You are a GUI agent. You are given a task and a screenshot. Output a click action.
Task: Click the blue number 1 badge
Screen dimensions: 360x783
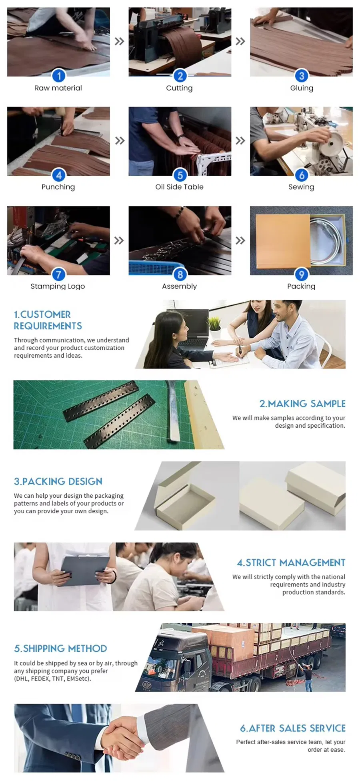(59, 76)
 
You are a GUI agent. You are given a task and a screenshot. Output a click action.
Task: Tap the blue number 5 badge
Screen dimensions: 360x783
(180, 175)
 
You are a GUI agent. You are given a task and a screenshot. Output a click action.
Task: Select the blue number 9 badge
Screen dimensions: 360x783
(302, 274)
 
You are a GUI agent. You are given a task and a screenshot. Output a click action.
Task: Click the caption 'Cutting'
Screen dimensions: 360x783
(179, 88)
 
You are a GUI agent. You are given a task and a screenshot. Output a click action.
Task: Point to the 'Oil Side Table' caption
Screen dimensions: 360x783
(179, 187)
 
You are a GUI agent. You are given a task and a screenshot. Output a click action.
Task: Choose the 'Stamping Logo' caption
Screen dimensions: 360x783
(58, 286)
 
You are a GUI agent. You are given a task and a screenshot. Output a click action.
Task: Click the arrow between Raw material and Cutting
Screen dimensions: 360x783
(119, 41)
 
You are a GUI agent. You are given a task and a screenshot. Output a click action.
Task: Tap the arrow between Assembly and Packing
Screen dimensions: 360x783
(240, 240)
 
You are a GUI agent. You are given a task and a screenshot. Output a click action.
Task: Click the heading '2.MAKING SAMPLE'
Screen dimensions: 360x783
(302, 404)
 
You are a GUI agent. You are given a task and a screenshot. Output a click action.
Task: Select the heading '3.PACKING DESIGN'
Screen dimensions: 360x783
(58, 481)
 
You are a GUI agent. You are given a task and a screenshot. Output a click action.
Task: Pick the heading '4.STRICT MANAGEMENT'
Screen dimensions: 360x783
(291, 563)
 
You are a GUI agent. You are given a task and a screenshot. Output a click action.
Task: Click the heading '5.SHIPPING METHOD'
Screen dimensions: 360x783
(60, 649)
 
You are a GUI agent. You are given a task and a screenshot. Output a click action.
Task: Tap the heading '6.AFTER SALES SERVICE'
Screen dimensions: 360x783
(293, 728)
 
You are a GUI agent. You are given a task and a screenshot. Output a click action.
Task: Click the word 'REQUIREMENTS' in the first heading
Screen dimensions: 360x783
(48, 326)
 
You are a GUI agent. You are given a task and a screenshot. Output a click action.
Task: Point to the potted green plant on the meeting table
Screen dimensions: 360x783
(214, 324)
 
